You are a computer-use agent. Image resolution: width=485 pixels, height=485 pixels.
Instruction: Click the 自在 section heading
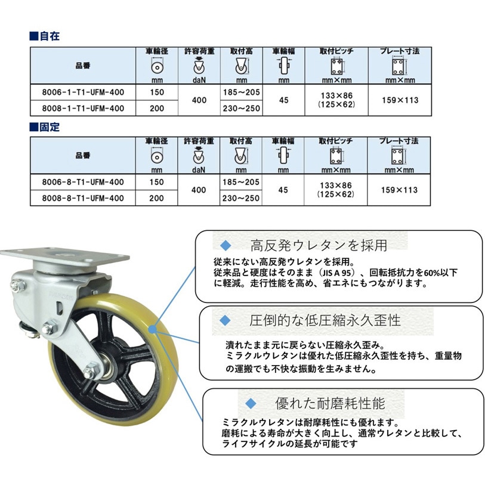[49, 36]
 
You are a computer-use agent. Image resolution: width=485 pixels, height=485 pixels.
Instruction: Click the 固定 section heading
[49, 127]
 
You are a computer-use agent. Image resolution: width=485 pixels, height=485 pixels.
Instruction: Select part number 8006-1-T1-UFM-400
[84, 92]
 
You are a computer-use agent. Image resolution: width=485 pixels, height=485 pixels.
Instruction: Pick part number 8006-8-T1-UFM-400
[84, 183]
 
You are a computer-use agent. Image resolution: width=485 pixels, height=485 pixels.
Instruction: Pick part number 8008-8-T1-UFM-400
[84, 198]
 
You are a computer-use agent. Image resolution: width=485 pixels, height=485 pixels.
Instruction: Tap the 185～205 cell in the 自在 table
[241, 92]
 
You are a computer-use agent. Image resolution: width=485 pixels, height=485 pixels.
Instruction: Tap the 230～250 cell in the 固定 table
[241, 198]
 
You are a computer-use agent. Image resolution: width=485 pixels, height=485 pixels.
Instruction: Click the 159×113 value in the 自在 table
[400, 100]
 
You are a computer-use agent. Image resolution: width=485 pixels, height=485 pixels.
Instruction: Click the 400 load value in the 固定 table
[199, 190]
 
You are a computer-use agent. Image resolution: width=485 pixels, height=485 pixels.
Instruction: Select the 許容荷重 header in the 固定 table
[199, 141]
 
